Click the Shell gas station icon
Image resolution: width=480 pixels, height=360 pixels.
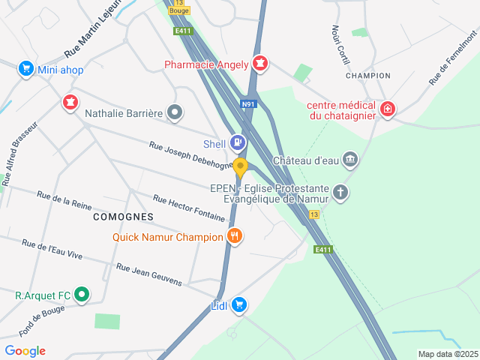(x=237, y=142)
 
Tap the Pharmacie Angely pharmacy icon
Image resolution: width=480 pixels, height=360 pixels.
(x=260, y=63)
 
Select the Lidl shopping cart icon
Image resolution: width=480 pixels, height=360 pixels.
(x=239, y=304)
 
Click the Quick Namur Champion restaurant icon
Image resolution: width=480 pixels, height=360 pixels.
(x=235, y=236)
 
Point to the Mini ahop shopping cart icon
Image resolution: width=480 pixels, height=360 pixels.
(x=26, y=69)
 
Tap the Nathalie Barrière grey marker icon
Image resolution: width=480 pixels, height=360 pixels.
(x=175, y=113)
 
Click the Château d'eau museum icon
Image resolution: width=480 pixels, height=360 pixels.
(x=350, y=159)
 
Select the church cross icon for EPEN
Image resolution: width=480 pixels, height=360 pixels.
(x=340, y=193)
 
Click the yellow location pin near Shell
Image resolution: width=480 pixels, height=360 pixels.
(x=240, y=167)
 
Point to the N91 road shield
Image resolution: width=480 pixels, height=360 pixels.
(x=248, y=104)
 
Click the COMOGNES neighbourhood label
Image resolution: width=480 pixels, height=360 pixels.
(x=123, y=216)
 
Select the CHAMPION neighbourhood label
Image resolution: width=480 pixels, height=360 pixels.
(x=367, y=76)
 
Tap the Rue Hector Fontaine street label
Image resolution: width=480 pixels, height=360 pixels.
(x=189, y=208)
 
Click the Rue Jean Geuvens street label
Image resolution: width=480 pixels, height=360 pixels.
(x=148, y=274)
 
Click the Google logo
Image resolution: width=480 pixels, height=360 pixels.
(x=25, y=351)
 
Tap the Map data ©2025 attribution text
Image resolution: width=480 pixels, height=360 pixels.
(x=448, y=354)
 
